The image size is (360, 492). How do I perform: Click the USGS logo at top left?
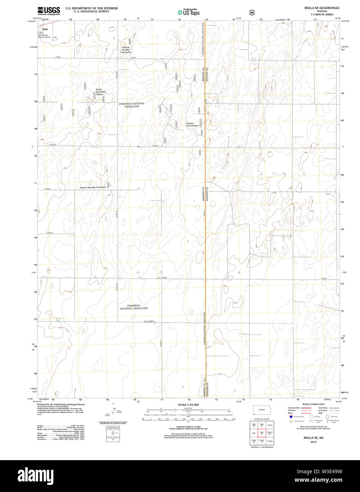tap(48, 11)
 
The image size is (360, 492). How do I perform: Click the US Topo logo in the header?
tap(188, 12)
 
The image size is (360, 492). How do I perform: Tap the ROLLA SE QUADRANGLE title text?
tap(317, 8)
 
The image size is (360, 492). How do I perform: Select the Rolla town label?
tap(45, 29)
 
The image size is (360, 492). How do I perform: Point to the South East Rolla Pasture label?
tap(100, 92)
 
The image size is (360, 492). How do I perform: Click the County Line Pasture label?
tap(192, 125)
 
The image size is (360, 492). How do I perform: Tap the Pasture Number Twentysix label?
tap(93, 187)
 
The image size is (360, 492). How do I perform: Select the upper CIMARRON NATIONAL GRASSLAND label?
tap(132, 105)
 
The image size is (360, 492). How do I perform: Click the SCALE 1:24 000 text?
tap(188, 405)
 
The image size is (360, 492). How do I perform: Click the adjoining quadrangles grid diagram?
tap(262, 433)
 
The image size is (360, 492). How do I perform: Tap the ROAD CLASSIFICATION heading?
tap(313, 404)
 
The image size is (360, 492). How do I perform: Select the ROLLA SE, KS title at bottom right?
tap(313, 438)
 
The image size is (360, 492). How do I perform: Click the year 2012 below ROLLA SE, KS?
tap(313, 442)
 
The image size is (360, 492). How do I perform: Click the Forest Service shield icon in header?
tap(252, 12)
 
